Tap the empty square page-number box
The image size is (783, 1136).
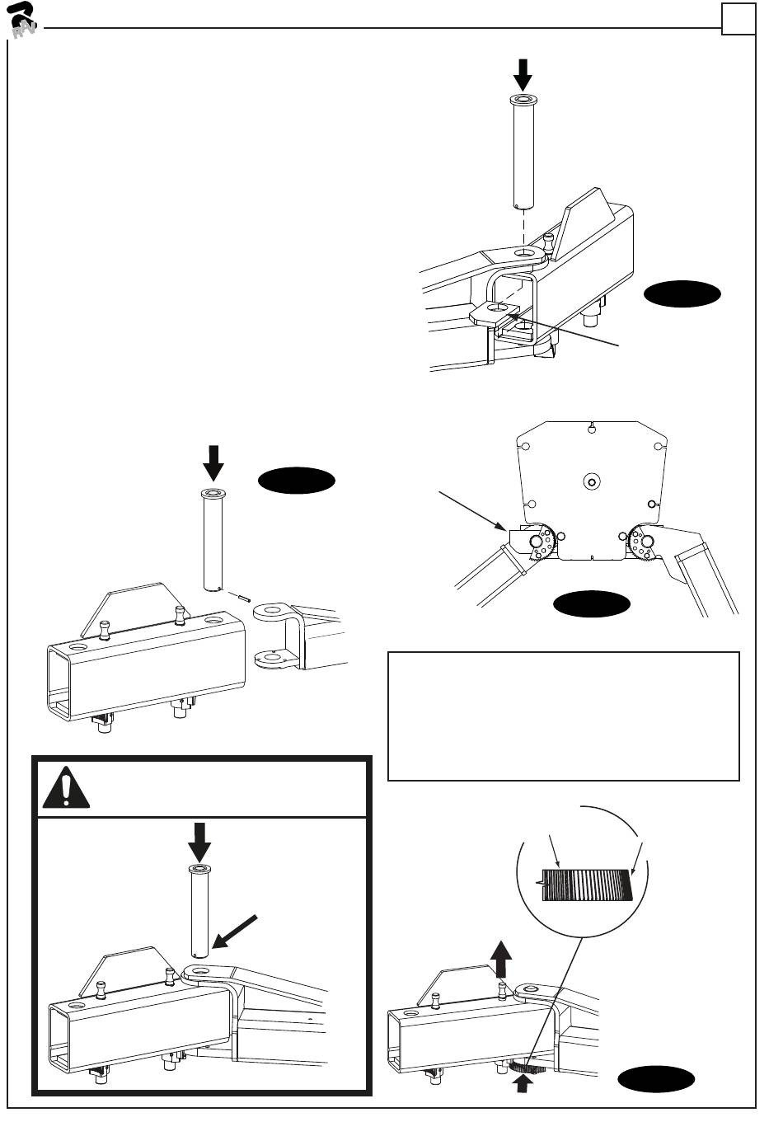coord(738,19)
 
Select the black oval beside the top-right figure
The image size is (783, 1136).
coord(682,293)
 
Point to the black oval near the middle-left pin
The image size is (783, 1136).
coord(297,482)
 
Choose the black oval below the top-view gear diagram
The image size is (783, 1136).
coord(592,603)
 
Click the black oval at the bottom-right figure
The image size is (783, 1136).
coord(656,1079)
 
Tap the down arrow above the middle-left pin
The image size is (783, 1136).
coord(213,462)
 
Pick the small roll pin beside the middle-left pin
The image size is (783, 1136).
coord(240,597)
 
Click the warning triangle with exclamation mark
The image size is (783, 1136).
coord(67,788)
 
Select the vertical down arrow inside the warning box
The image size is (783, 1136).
coord(199,841)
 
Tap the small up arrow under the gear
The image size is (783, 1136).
coord(520,1087)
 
